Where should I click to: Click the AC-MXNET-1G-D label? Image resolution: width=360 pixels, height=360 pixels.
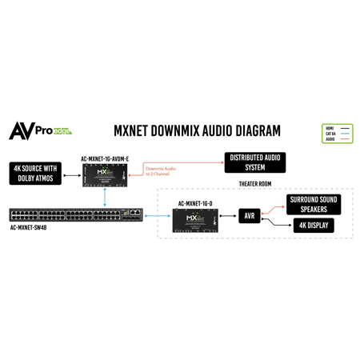195,203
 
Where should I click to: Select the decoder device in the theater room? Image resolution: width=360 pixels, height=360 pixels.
195,218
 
